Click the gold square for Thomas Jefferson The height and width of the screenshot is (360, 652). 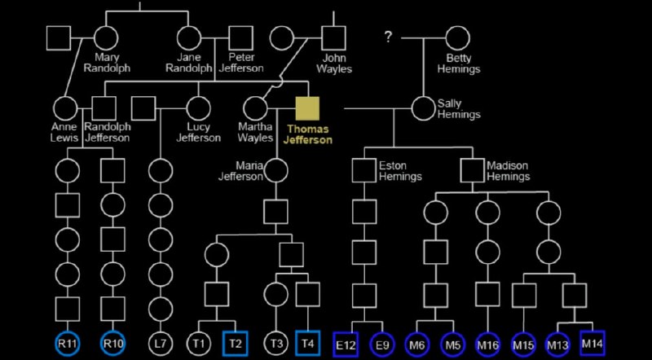(308, 108)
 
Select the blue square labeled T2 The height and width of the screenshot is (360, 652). (236, 344)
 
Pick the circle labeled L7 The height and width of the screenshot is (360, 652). (160, 344)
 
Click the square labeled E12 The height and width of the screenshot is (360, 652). (345, 345)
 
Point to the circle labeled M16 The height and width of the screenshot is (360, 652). (487, 345)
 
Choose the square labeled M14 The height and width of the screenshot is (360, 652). (593, 345)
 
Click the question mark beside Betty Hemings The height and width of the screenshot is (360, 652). (388, 37)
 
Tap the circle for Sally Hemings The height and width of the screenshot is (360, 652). (423, 108)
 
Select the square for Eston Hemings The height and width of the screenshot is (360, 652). (364, 170)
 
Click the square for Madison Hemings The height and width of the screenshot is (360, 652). (473, 170)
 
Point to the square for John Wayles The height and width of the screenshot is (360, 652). (333, 37)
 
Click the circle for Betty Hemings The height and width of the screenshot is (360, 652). (457, 37)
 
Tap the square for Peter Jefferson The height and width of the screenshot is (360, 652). (240, 37)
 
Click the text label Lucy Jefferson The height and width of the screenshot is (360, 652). (198, 132)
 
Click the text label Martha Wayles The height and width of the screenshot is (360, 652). (255, 132)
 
